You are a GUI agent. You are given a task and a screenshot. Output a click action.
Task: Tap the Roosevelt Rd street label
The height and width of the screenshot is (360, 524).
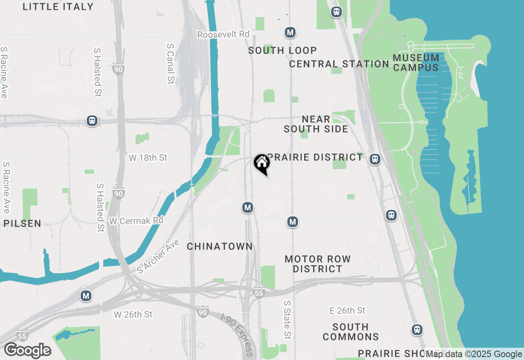pyautogui.click(x=223, y=34)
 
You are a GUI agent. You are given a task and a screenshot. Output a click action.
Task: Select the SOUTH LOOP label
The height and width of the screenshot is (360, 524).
pyautogui.click(x=282, y=50)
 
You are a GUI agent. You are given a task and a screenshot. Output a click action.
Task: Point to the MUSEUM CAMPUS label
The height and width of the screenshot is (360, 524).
pyautogui.click(x=416, y=63)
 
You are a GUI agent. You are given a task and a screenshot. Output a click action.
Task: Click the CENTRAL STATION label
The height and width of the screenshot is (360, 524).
pyautogui.click(x=339, y=64)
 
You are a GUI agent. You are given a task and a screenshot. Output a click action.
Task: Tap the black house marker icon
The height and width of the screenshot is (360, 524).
pyautogui.click(x=262, y=163)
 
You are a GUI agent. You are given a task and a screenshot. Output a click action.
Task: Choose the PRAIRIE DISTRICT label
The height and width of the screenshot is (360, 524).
pyautogui.click(x=315, y=157)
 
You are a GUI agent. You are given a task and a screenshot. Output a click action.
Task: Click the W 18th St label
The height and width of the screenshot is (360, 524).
pyautogui.click(x=148, y=157)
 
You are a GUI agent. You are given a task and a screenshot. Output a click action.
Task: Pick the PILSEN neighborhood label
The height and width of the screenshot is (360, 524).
pyautogui.click(x=23, y=223)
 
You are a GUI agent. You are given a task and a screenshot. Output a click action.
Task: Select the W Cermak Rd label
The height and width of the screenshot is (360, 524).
pyautogui.click(x=136, y=220)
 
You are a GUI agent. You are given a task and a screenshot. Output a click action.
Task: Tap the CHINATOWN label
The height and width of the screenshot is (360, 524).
pyautogui.click(x=220, y=246)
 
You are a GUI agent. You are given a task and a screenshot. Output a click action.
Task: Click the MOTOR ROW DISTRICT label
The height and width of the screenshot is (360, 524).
pyautogui.click(x=318, y=264)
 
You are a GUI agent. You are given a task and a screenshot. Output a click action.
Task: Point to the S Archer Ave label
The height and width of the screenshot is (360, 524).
pyautogui.click(x=158, y=256)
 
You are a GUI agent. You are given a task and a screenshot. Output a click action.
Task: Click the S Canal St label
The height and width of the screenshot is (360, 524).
pyautogui.click(x=171, y=64)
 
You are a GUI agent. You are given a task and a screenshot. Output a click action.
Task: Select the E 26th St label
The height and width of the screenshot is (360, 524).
pyautogui.click(x=347, y=311)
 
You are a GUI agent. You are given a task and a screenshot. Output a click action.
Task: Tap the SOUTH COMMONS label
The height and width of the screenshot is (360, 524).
pyautogui.click(x=350, y=332)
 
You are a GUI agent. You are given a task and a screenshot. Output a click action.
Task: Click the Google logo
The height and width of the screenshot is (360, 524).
pyautogui.click(x=27, y=351)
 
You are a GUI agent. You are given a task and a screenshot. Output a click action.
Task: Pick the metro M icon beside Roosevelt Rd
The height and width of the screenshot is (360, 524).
pyautogui.click(x=290, y=32)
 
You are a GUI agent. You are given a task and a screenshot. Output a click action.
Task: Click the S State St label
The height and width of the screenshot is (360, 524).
pyautogui.click(x=287, y=320)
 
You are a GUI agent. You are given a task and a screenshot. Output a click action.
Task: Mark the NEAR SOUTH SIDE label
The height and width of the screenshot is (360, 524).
pyautogui.click(x=316, y=124)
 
